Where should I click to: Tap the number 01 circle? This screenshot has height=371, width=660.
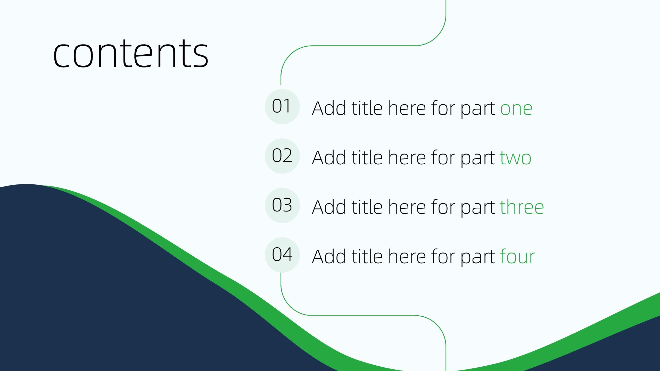click(282, 106)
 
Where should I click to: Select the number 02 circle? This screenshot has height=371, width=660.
click(282, 156)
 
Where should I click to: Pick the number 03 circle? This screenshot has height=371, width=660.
click(282, 205)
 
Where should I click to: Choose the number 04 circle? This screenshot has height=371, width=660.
click(282, 255)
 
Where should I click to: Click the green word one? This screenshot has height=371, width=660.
click(516, 108)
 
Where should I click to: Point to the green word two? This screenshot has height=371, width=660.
click(516, 158)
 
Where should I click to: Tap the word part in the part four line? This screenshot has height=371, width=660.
click(478, 258)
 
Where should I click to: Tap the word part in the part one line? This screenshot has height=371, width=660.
click(478, 109)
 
